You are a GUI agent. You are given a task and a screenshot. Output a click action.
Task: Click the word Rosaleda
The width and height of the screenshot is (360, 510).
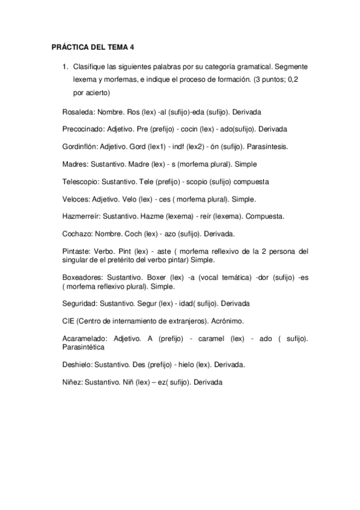click(78, 112)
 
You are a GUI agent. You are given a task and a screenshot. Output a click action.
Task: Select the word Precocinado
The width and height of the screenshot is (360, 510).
click(84, 129)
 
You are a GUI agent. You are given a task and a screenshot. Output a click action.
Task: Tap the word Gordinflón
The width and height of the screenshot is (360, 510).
click(80, 147)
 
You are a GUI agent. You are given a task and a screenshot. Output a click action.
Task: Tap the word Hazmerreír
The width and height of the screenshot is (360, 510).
click(82, 216)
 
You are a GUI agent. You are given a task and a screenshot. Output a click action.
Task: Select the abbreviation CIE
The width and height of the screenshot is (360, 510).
click(68, 321)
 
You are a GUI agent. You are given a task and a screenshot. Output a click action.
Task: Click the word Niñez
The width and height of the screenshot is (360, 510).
click(73, 382)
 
